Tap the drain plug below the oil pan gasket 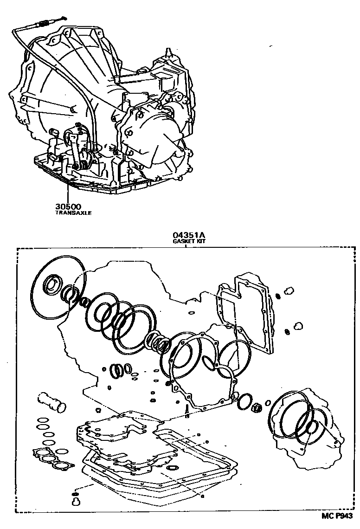(x=75, y=500)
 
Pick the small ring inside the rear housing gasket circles (x=311, y=427)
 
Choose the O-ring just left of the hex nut (x=244, y=402)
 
